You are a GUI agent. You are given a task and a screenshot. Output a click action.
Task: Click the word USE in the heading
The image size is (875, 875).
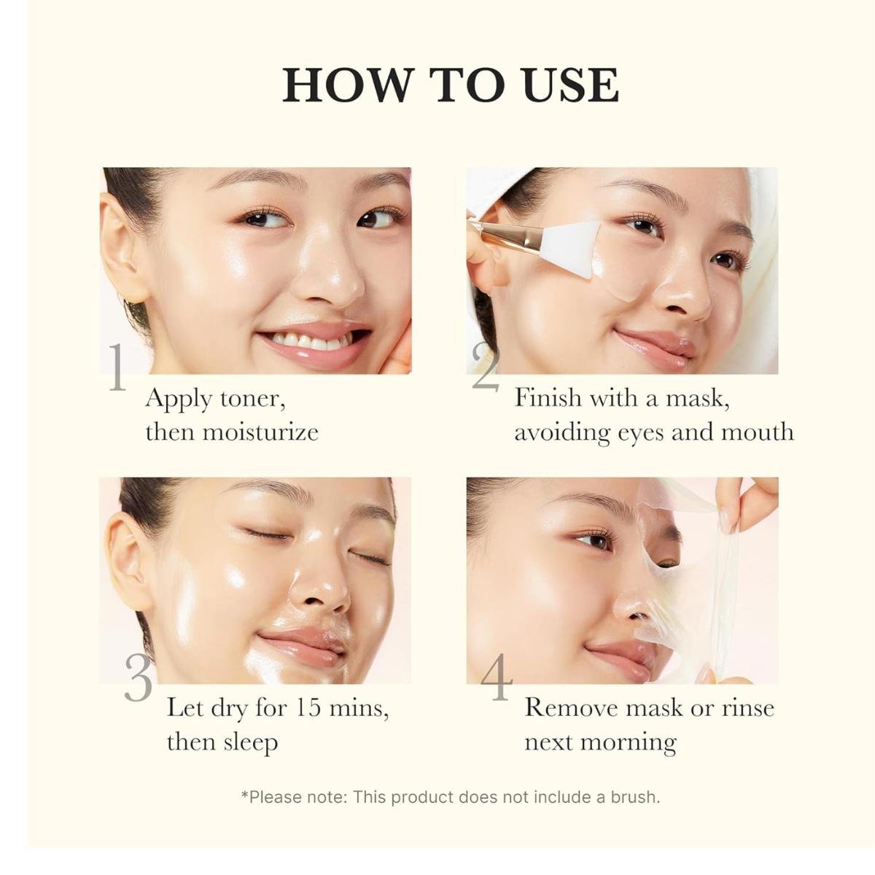pyautogui.click(x=571, y=85)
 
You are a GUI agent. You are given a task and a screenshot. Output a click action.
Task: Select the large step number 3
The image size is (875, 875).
pyautogui.click(x=138, y=678)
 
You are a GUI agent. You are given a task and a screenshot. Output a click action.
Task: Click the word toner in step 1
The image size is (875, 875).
pyautogui.click(x=253, y=400)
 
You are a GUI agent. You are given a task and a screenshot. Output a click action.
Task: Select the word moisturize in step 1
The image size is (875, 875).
pyautogui.click(x=260, y=432)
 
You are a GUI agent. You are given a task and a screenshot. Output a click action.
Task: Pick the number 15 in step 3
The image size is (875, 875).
pyautogui.click(x=308, y=708)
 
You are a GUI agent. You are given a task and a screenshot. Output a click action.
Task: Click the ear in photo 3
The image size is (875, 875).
pyautogui.click(x=133, y=563)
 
